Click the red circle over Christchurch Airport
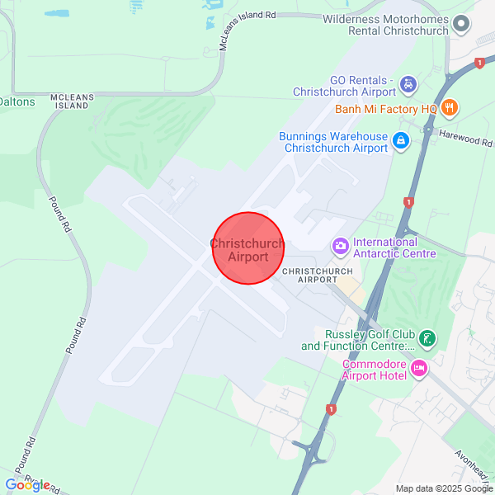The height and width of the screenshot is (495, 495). (x=248, y=248)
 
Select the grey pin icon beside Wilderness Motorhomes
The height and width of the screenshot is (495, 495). (x=462, y=24)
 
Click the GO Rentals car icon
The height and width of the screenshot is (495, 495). (x=408, y=84)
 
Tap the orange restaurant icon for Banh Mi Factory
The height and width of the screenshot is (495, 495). (x=450, y=107)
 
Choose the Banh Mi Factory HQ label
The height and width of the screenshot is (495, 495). (x=386, y=109)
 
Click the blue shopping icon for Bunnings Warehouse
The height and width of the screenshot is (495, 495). (x=400, y=141)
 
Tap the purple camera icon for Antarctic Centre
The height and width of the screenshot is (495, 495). (x=339, y=246)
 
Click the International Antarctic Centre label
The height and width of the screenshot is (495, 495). (x=394, y=247)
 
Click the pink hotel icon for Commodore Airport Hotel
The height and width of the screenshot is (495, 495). (x=419, y=367)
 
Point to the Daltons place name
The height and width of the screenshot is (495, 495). (x=17, y=101)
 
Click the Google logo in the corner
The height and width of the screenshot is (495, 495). (x=27, y=484)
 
